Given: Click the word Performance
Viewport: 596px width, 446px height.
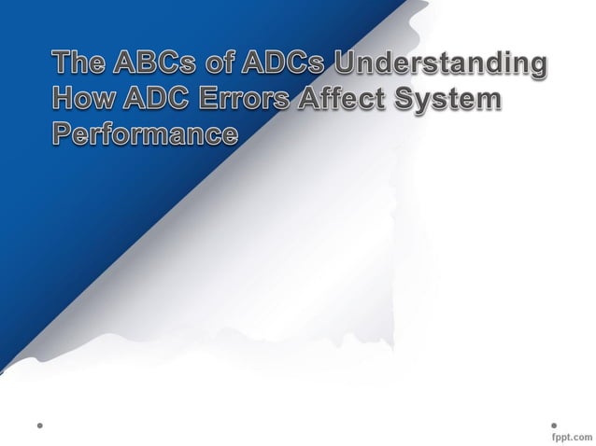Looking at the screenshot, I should pos(144,132).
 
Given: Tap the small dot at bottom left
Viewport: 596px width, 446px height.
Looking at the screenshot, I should pos(40,425).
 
